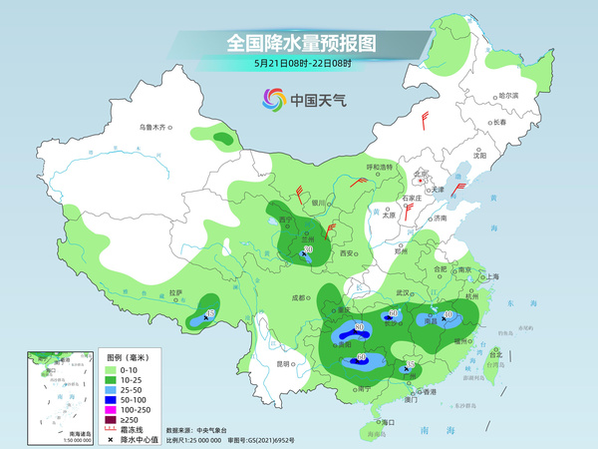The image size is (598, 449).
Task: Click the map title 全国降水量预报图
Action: (298, 43)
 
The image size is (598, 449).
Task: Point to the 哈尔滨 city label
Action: (508, 95)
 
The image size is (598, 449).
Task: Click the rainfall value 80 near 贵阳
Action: (359, 326)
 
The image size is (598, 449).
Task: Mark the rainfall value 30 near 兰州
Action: (308, 249)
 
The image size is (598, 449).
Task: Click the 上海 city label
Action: (488, 276)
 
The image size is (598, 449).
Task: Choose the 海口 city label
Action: (392, 423)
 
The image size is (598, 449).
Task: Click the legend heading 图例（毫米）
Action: (128, 357)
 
